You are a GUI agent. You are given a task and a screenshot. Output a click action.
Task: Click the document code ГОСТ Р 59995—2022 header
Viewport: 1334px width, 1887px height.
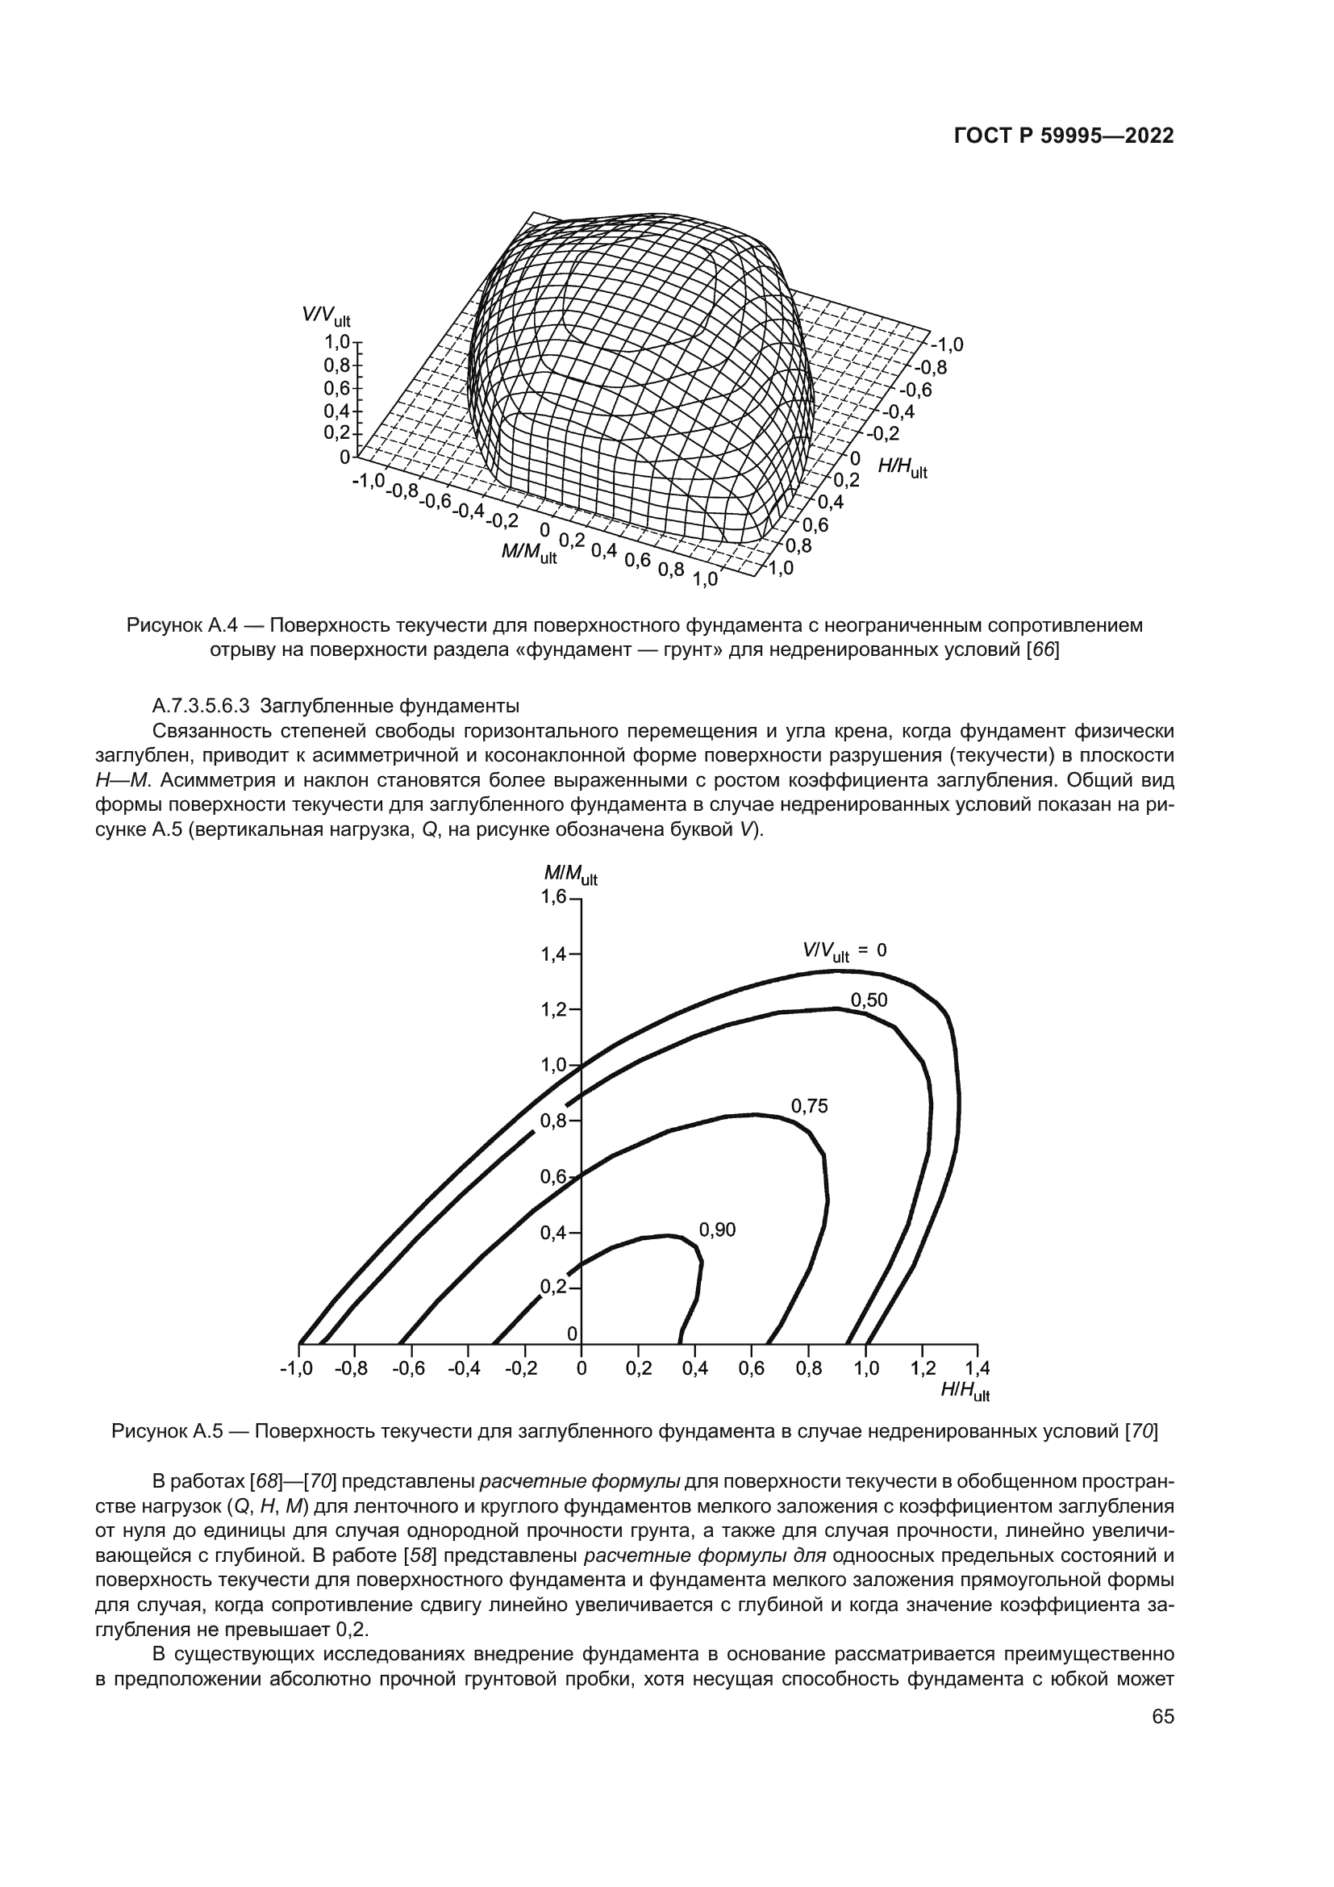tap(1063, 136)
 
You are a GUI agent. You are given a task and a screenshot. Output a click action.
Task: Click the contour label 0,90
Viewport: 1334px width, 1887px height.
tap(717, 1229)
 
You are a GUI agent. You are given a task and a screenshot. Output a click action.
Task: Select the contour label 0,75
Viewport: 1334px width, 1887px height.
tap(809, 1106)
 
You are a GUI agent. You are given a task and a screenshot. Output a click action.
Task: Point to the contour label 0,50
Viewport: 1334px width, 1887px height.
tap(869, 1000)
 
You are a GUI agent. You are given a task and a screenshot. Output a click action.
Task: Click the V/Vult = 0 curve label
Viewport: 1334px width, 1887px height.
tap(844, 951)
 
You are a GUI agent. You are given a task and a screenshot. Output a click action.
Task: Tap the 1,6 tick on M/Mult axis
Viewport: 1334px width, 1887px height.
tap(553, 897)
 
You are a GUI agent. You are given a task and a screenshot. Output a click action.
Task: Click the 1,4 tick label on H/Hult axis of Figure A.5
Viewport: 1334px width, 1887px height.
tap(977, 1368)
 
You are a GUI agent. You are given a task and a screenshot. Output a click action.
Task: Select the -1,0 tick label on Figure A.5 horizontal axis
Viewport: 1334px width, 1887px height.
tap(297, 1368)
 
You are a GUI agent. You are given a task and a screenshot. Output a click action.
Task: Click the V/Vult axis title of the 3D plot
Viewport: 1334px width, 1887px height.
tap(326, 315)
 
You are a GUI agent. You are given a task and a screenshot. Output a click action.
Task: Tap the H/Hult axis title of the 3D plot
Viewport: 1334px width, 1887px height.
tap(902, 468)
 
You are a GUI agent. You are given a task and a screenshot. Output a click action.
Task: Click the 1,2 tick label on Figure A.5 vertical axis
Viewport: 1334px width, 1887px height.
tap(553, 1009)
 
